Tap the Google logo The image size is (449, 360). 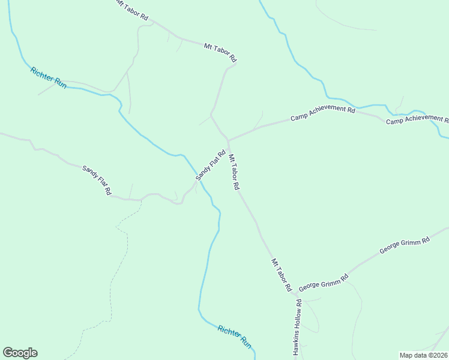tap(20, 353)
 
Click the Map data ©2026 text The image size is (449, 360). tap(423, 355)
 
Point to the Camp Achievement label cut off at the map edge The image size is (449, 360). tap(417, 121)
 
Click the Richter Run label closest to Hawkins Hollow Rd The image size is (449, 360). tap(235, 337)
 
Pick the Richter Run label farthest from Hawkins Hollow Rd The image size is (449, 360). tap(49, 77)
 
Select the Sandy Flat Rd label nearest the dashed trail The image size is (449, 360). tap(97, 180)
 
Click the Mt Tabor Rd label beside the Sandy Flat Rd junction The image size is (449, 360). tap(234, 172)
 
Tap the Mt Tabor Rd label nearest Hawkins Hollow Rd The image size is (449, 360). tap(280, 275)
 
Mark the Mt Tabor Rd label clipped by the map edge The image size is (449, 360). tap(131, 10)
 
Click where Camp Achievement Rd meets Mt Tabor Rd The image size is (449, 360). tap(228, 140)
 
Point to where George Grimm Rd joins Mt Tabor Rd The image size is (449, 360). tap(294, 294)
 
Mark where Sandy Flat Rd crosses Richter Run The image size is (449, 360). tap(200, 182)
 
